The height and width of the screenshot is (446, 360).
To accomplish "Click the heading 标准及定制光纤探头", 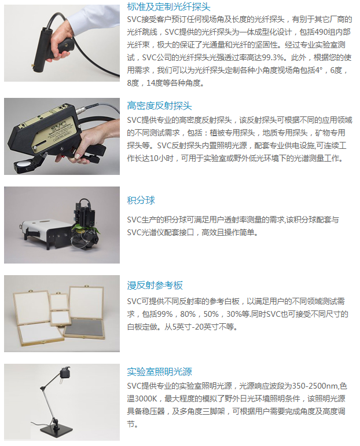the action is (x=168, y=6).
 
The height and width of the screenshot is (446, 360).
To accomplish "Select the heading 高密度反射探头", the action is (x=159, y=106).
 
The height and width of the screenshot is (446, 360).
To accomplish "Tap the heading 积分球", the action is (x=141, y=200).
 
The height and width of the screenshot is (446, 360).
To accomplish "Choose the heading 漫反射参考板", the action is (x=155, y=286).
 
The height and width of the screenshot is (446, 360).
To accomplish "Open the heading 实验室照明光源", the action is (x=159, y=371).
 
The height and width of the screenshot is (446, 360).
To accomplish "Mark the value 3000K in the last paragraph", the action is (x=146, y=399).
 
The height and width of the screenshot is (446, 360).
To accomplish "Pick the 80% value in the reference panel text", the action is (x=188, y=314).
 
